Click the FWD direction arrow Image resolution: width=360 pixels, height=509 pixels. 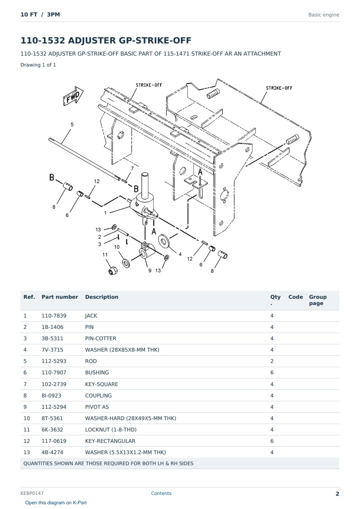73,96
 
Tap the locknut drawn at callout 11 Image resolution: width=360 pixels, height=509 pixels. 113,271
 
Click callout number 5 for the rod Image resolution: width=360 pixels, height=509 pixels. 72,125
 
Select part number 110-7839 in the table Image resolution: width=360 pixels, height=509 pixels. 54,316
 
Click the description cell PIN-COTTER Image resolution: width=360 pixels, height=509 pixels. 101,338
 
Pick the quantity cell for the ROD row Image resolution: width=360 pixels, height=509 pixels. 272,361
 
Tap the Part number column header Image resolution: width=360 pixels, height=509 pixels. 60,297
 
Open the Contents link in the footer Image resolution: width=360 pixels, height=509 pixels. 161,493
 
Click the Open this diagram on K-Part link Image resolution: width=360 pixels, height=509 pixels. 56,503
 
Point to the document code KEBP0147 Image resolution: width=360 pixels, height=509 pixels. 32,493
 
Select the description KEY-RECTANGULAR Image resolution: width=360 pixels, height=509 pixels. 110,441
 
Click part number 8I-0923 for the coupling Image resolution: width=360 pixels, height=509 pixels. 51,395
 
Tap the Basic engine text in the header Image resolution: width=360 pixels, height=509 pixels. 324,15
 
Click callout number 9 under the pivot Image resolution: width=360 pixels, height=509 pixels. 150,271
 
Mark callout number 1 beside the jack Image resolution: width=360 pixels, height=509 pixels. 105,213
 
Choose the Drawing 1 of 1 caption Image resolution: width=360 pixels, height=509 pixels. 38,65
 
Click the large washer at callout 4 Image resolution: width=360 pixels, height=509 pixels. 164,241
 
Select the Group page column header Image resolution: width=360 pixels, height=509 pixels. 318,300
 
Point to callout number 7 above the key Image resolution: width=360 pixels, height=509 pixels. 132,169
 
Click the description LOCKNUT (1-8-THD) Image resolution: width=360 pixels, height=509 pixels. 111,430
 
